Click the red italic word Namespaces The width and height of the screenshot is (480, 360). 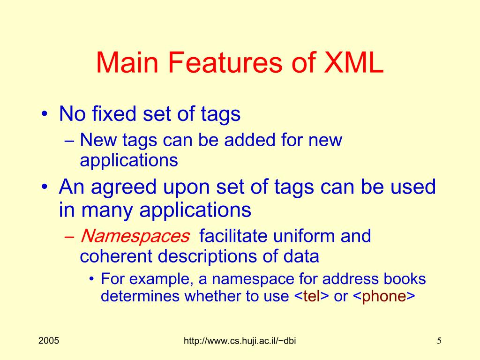(135, 236)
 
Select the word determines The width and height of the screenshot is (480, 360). (140, 296)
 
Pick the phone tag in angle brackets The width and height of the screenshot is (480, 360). (384, 296)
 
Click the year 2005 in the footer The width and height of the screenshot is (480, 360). (49, 341)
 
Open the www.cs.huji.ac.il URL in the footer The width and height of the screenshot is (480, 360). (240, 342)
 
